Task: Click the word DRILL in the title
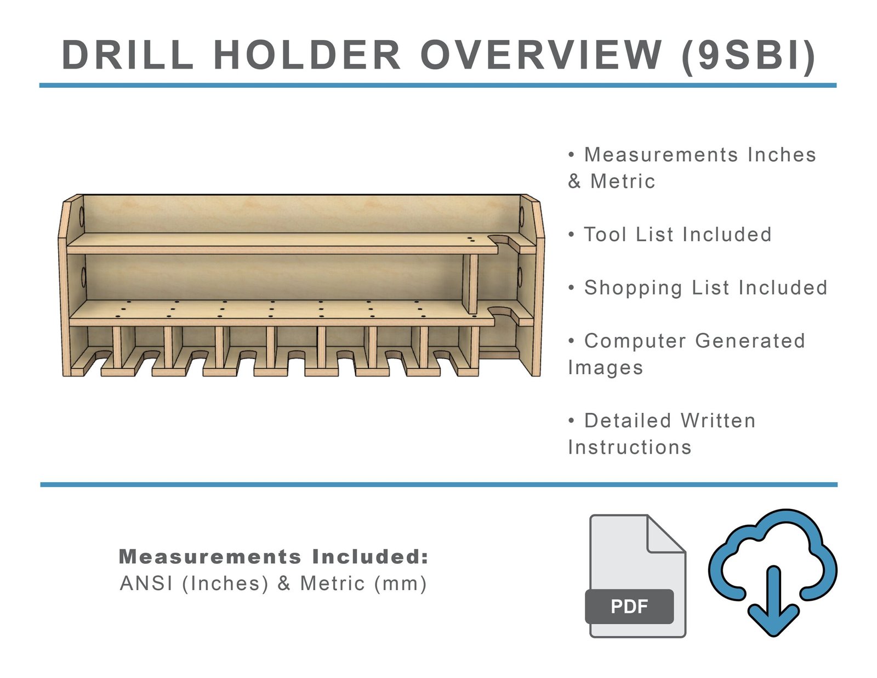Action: tap(128, 55)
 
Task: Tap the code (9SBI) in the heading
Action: tap(749, 55)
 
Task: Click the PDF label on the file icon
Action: tap(629, 606)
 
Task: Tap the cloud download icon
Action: tap(773, 570)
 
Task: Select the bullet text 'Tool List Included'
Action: tap(677, 235)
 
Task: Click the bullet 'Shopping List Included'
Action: tap(705, 288)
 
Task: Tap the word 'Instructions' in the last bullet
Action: tap(630, 448)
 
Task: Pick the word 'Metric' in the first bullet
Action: tap(623, 182)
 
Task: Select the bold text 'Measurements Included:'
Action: tap(274, 557)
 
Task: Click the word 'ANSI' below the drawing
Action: tap(146, 584)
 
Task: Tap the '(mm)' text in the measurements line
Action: tap(400, 584)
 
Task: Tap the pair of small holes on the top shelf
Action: tap(470, 239)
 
